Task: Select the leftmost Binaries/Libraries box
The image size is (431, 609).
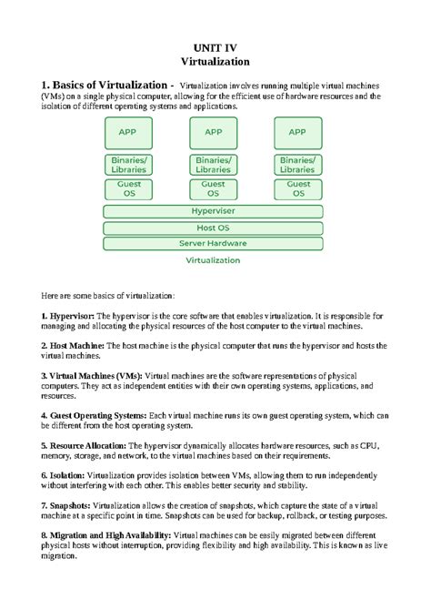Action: point(129,165)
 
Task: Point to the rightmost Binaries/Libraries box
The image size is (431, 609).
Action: point(297,165)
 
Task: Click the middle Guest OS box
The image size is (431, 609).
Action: point(213,188)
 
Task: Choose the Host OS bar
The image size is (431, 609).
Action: point(213,228)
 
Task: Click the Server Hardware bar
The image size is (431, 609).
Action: point(213,243)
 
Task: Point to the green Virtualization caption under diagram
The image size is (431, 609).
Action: point(213,260)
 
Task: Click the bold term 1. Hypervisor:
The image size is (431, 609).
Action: point(67,315)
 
